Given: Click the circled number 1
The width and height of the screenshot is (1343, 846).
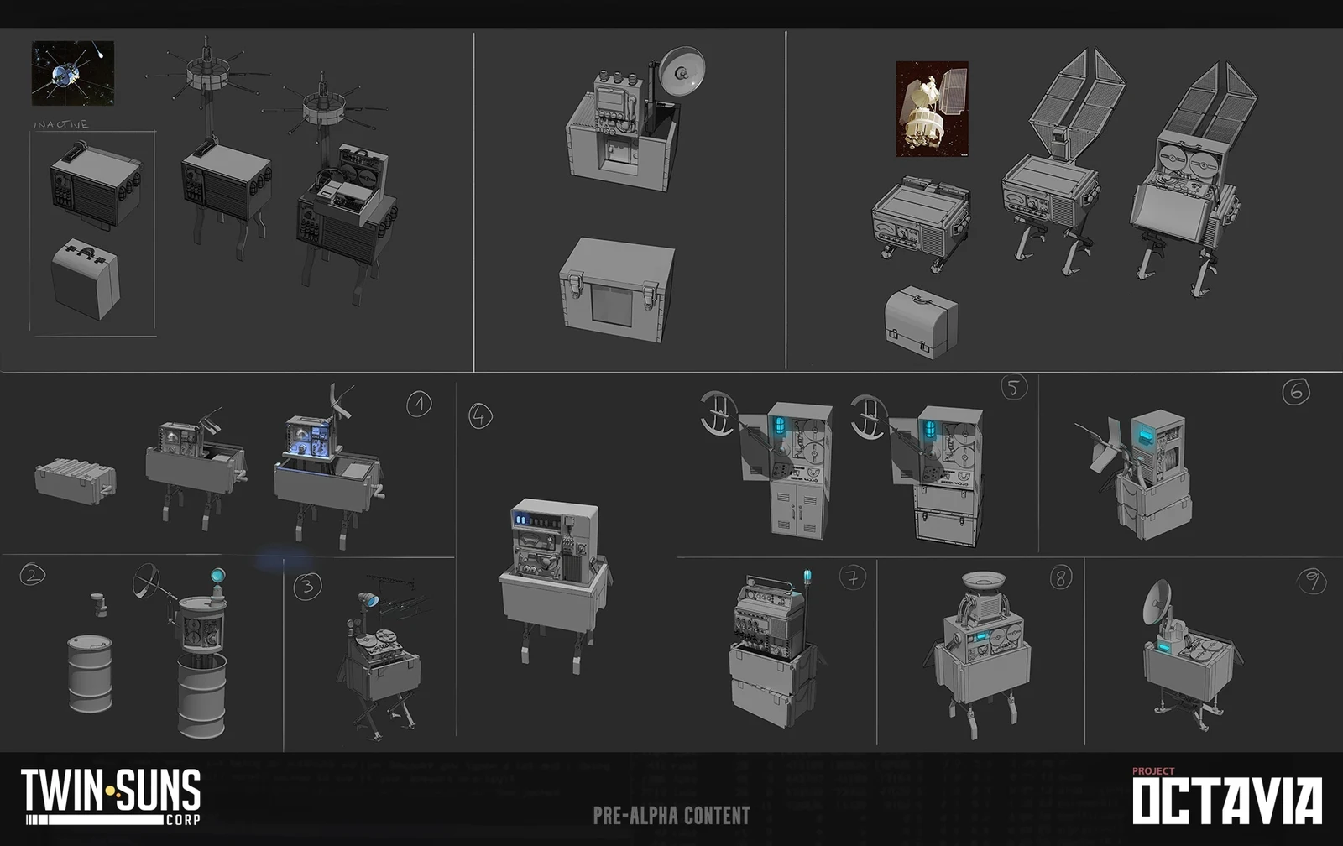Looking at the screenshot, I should coord(419,405).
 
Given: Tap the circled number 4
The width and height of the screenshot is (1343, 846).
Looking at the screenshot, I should coord(480,415).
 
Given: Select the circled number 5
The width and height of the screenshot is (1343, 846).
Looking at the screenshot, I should coord(1014,387).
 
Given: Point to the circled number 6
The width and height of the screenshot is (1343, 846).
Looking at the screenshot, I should coord(1295,391).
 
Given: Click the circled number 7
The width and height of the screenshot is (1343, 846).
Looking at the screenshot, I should coord(852,577).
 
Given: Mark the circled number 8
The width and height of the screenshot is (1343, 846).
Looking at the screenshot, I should coord(1061,577).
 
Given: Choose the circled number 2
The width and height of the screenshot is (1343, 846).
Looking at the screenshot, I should coord(32,575).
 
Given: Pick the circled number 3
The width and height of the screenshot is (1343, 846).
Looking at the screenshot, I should coord(307,586).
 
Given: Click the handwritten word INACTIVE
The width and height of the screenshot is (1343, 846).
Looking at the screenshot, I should coord(60,124).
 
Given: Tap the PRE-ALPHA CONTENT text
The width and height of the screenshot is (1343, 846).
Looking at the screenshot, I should coord(671,815).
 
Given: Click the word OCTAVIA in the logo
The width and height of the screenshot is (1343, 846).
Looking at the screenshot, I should coord(1227,802).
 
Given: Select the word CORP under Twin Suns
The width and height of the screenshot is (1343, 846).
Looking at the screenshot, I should coord(182,819).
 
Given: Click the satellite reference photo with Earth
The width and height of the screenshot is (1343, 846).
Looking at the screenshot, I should coord(73,74).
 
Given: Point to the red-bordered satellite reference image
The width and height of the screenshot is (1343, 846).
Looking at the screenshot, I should coord(932,108).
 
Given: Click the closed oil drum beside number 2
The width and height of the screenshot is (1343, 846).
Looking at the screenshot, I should coord(90,674).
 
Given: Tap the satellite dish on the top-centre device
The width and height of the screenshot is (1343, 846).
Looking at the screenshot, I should coord(682,71).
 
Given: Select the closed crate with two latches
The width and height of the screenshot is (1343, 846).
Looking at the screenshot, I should coord(618,290).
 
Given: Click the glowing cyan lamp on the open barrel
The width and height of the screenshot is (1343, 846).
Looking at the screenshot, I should coord(217,576).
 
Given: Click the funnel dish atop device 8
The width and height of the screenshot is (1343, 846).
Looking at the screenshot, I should coord(985,581).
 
